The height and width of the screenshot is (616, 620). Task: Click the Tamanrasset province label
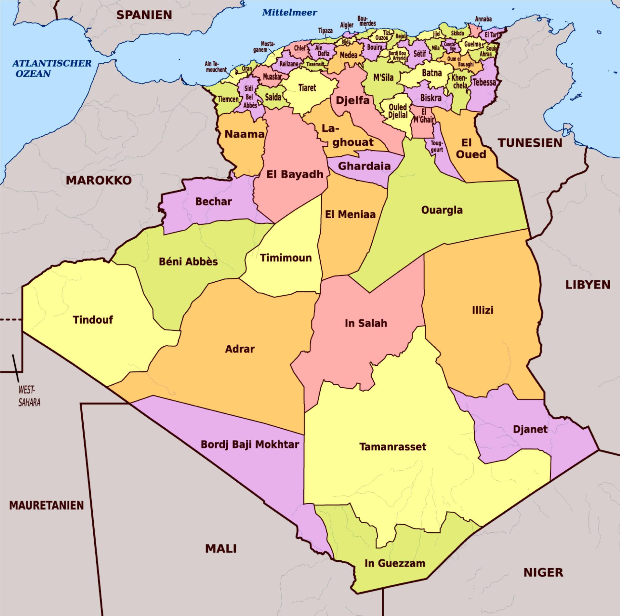tap(393, 447)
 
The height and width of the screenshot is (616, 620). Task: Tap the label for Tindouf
tap(93, 320)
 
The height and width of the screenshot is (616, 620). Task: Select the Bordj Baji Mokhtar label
tap(250, 444)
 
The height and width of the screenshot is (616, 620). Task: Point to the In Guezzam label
tap(395, 563)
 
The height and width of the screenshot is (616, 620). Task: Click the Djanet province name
tap(530, 429)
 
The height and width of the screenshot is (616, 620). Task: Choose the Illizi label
tap(482, 310)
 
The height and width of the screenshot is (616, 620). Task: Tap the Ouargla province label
tap(442, 210)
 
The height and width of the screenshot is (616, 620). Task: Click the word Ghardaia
tap(364, 166)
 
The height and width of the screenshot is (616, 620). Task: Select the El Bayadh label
tap(294, 174)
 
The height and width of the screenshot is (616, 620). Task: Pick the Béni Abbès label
tap(188, 261)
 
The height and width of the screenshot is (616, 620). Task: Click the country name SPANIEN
tap(144, 15)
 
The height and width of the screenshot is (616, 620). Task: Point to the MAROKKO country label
tap(99, 180)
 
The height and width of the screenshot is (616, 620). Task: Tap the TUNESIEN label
tap(530, 143)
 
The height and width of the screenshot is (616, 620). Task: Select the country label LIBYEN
tap(588, 285)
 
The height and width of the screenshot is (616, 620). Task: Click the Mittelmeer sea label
tap(289, 13)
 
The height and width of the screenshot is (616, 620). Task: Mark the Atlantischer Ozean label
tap(52, 68)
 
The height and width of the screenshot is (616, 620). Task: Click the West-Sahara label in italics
tap(29, 396)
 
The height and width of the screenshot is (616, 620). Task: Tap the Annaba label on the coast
tap(483, 19)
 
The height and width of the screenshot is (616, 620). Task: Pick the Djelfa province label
tap(352, 100)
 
